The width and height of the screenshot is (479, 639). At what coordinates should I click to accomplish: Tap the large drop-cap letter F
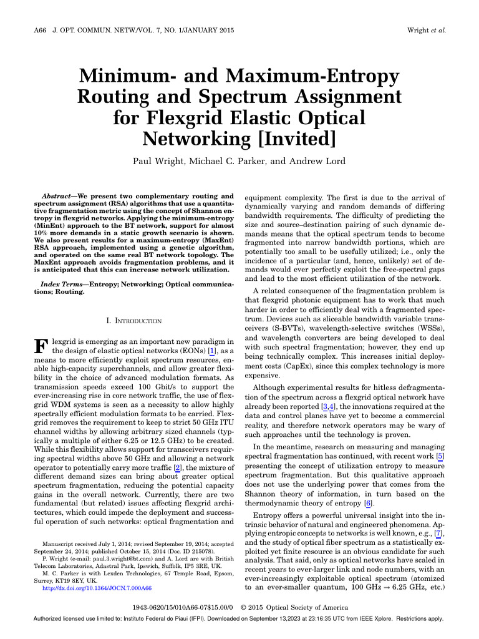(x=39, y=346)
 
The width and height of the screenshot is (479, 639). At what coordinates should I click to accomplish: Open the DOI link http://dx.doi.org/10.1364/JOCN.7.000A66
(x=97, y=588)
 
